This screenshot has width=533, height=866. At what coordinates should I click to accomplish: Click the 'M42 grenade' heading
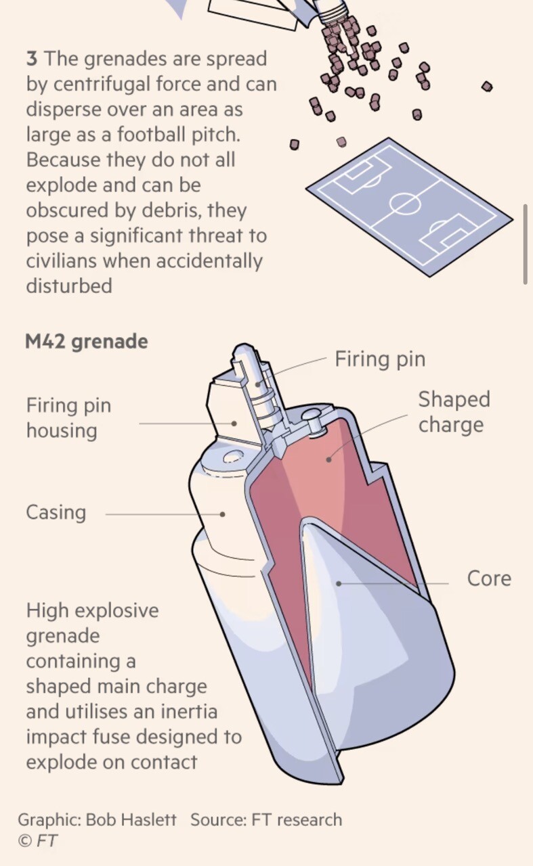point(86,342)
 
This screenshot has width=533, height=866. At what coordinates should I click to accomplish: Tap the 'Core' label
point(489,578)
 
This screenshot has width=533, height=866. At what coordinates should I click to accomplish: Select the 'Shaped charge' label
point(454,412)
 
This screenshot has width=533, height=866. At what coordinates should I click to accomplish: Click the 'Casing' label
point(56,513)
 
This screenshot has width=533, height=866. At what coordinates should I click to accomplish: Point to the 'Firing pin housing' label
point(69,418)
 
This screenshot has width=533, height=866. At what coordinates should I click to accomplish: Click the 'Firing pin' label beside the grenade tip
point(380,359)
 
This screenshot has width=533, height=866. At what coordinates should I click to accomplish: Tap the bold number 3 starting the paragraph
point(32,59)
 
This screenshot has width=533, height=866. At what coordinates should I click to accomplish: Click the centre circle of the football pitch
point(405,203)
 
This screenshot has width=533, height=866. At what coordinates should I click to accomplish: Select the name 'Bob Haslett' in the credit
point(131,819)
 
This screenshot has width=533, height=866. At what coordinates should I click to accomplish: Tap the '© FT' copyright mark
point(38,840)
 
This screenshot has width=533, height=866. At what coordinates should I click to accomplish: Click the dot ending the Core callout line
point(339,583)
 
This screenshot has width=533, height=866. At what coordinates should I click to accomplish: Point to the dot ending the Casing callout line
point(222,514)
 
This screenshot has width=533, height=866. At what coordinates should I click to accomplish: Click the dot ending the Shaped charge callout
point(328,459)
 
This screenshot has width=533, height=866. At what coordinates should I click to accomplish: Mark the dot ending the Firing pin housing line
point(234,424)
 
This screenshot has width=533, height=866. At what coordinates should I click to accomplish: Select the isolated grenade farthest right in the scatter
point(487,86)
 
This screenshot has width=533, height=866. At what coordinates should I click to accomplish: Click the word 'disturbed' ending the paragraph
point(69,286)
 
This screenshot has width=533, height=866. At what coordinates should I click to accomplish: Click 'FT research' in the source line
point(297,819)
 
